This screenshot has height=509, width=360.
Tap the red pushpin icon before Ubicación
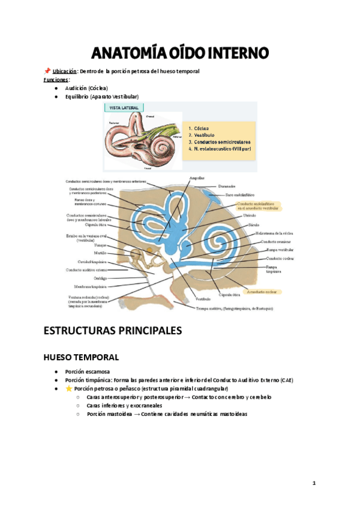click(47, 71)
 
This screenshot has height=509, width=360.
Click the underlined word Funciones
click(56, 79)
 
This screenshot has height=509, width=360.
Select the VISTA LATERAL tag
click(124, 108)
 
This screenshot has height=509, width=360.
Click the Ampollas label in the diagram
click(196, 178)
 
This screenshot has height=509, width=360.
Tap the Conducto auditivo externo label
click(87, 270)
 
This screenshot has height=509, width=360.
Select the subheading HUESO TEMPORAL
click(81, 357)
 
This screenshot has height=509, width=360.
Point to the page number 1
click(314, 483)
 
